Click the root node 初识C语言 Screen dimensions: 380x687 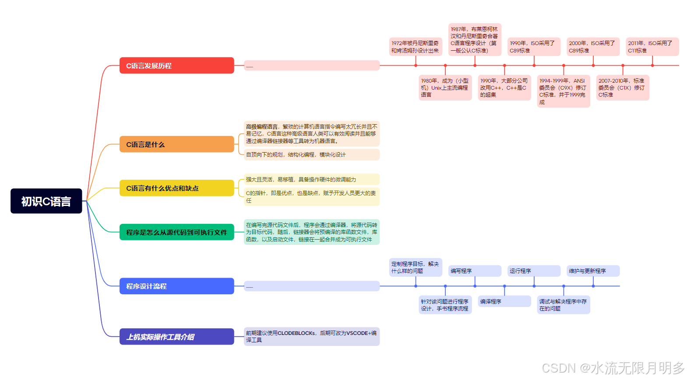[x=46, y=201]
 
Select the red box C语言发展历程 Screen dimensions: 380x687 [x=176, y=66]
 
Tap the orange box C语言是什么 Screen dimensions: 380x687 [x=176, y=144]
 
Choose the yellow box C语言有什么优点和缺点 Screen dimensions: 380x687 [x=176, y=188]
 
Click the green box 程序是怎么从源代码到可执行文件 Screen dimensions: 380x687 [x=176, y=232]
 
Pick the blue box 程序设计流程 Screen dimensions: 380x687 [x=176, y=286]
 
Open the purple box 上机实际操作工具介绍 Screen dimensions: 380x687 [x=176, y=337]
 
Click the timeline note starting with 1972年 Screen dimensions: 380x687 [x=415, y=47]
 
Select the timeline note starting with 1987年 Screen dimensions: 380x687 [x=475, y=40]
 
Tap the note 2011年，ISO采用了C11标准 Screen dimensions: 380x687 [x=652, y=47]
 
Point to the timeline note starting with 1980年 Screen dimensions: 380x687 [x=445, y=87]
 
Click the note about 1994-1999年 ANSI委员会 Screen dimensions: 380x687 [x=563, y=91]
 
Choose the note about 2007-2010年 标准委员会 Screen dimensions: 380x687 [x=622, y=87]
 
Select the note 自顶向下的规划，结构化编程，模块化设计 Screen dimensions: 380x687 [x=311, y=154]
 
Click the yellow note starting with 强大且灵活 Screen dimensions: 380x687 [x=311, y=179]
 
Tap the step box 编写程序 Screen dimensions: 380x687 [x=475, y=271]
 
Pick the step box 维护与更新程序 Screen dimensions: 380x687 [x=593, y=271]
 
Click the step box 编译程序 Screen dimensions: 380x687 [x=504, y=301]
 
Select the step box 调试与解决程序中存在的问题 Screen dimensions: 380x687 [x=563, y=305]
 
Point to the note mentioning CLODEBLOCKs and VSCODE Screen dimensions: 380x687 [x=311, y=336]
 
